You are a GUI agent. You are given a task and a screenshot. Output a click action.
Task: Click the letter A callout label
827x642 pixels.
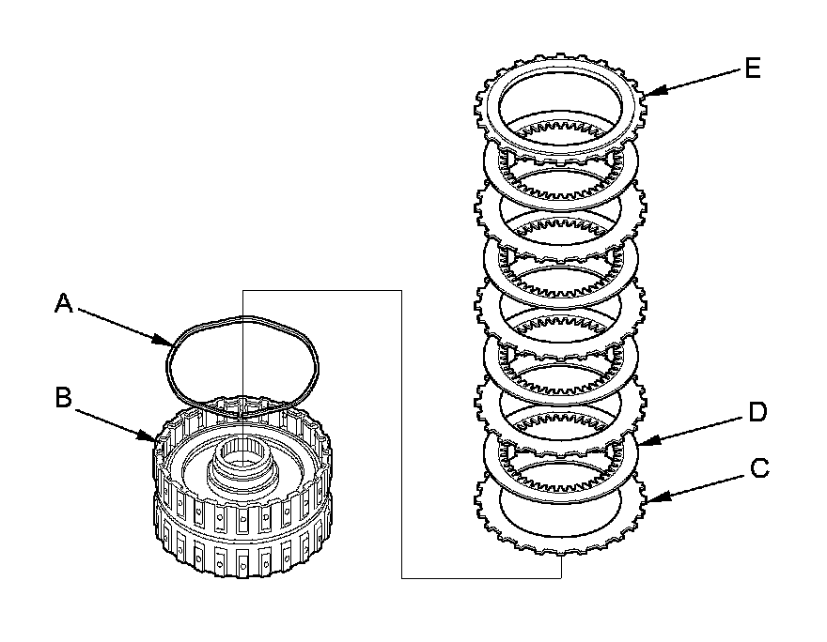tap(63, 302)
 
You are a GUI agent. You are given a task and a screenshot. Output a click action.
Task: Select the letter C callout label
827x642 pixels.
tap(760, 466)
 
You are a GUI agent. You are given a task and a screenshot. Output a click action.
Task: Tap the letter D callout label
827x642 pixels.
tap(757, 411)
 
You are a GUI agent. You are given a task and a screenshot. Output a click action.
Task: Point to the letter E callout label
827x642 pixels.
tap(752, 69)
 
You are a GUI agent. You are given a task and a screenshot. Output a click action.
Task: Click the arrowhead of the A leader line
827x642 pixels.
tap(166, 342)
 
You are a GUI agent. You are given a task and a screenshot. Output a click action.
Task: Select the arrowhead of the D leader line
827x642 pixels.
tap(641, 442)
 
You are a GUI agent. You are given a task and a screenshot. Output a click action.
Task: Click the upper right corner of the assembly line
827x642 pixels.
tap(402, 290)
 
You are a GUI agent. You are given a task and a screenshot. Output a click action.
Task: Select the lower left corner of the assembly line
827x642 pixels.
tap(402, 578)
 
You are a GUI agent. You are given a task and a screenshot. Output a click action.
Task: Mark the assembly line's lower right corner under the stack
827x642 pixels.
tap(561, 578)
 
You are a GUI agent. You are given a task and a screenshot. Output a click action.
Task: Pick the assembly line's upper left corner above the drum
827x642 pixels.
tap(242, 290)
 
